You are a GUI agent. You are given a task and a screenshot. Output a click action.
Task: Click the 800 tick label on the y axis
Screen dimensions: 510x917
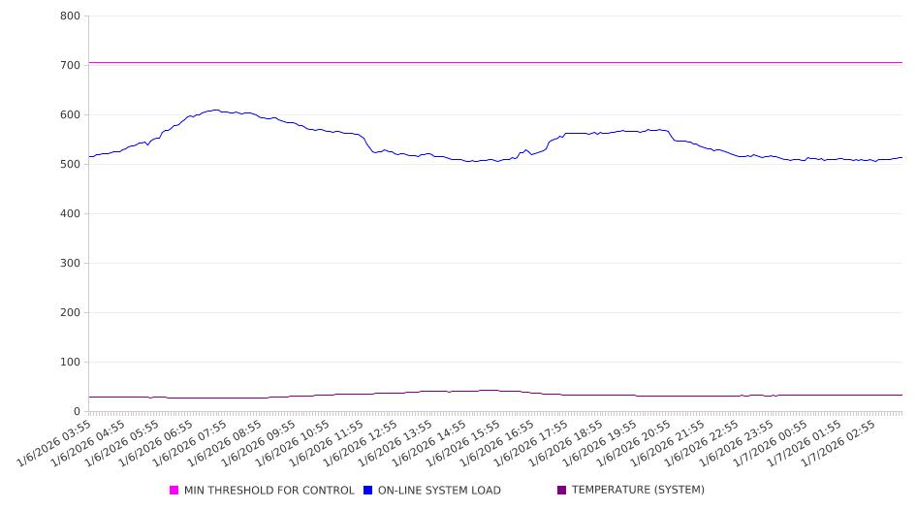pyautogui.click(x=70, y=16)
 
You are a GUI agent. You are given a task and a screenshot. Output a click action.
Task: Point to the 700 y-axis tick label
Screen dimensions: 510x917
pyautogui.click(x=70, y=66)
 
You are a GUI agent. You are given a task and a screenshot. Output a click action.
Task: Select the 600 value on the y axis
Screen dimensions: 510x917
pyautogui.click(x=70, y=115)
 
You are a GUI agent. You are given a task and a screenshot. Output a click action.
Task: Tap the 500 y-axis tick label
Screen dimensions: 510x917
pyautogui.click(x=70, y=165)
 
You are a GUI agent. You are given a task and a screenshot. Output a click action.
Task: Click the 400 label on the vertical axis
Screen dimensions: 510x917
pyautogui.click(x=70, y=214)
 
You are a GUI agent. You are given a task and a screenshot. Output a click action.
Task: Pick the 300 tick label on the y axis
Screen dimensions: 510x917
pyautogui.click(x=70, y=264)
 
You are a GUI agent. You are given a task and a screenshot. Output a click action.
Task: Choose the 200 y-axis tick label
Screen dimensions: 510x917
pyautogui.click(x=70, y=313)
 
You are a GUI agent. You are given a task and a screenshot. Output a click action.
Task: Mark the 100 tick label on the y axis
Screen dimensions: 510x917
pyautogui.click(x=70, y=363)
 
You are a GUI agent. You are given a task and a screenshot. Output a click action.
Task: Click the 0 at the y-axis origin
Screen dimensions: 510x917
pyautogui.click(x=77, y=412)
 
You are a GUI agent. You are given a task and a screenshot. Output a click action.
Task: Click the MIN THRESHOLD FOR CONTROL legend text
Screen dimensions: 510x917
pyautogui.click(x=269, y=491)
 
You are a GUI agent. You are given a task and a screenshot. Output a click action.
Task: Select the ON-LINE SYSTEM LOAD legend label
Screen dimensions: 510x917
pyautogui.click(x=439, y=491)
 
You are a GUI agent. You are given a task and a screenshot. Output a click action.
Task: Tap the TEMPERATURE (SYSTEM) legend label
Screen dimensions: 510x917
pyautogui.click(x=638, y=491)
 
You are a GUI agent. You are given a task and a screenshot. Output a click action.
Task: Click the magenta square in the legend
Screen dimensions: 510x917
pyautogui.click(x=174, y=491)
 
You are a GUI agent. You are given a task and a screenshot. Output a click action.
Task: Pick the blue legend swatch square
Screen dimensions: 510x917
pyautogui.click(x=368, y=491)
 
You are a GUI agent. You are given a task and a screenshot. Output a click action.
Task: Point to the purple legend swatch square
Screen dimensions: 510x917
pyautogui.click(x=562, y=491)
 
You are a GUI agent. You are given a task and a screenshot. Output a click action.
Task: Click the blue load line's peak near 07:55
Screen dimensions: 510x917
pyautogui.click(x=215, y=111)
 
